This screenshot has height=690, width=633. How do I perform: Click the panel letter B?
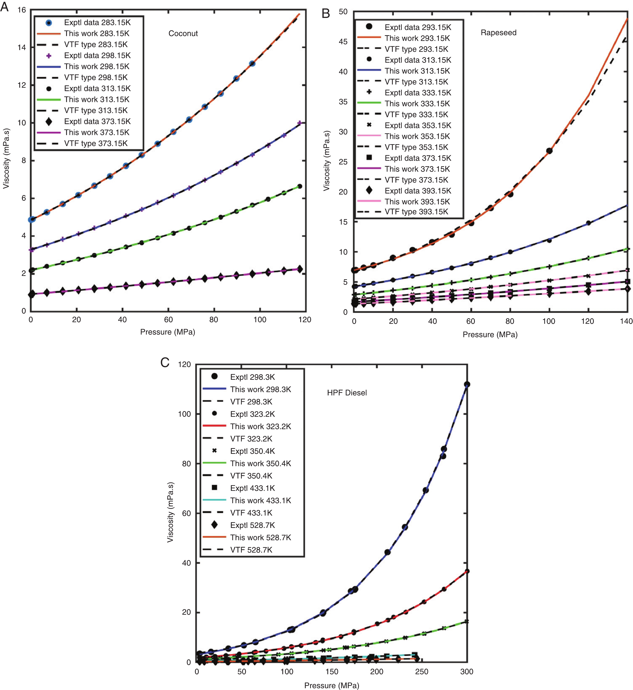click(x=326, y=14)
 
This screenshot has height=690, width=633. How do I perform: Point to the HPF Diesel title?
click(x=347, y=393)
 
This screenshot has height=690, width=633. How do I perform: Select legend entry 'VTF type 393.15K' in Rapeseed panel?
click(x=416, y=212)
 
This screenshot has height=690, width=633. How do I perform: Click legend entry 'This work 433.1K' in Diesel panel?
click(x=260, y=500)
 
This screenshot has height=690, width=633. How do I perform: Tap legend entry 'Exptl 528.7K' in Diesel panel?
click(x=252, y=525)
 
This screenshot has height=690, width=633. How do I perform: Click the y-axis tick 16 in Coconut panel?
click(x=22, y=10)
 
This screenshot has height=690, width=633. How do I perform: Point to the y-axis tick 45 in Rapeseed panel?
click(x=343, y=42)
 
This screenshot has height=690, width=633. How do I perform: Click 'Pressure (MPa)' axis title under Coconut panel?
click(x=168, y=332)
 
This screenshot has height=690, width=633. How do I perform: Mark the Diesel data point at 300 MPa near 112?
click(x=467, y=385)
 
